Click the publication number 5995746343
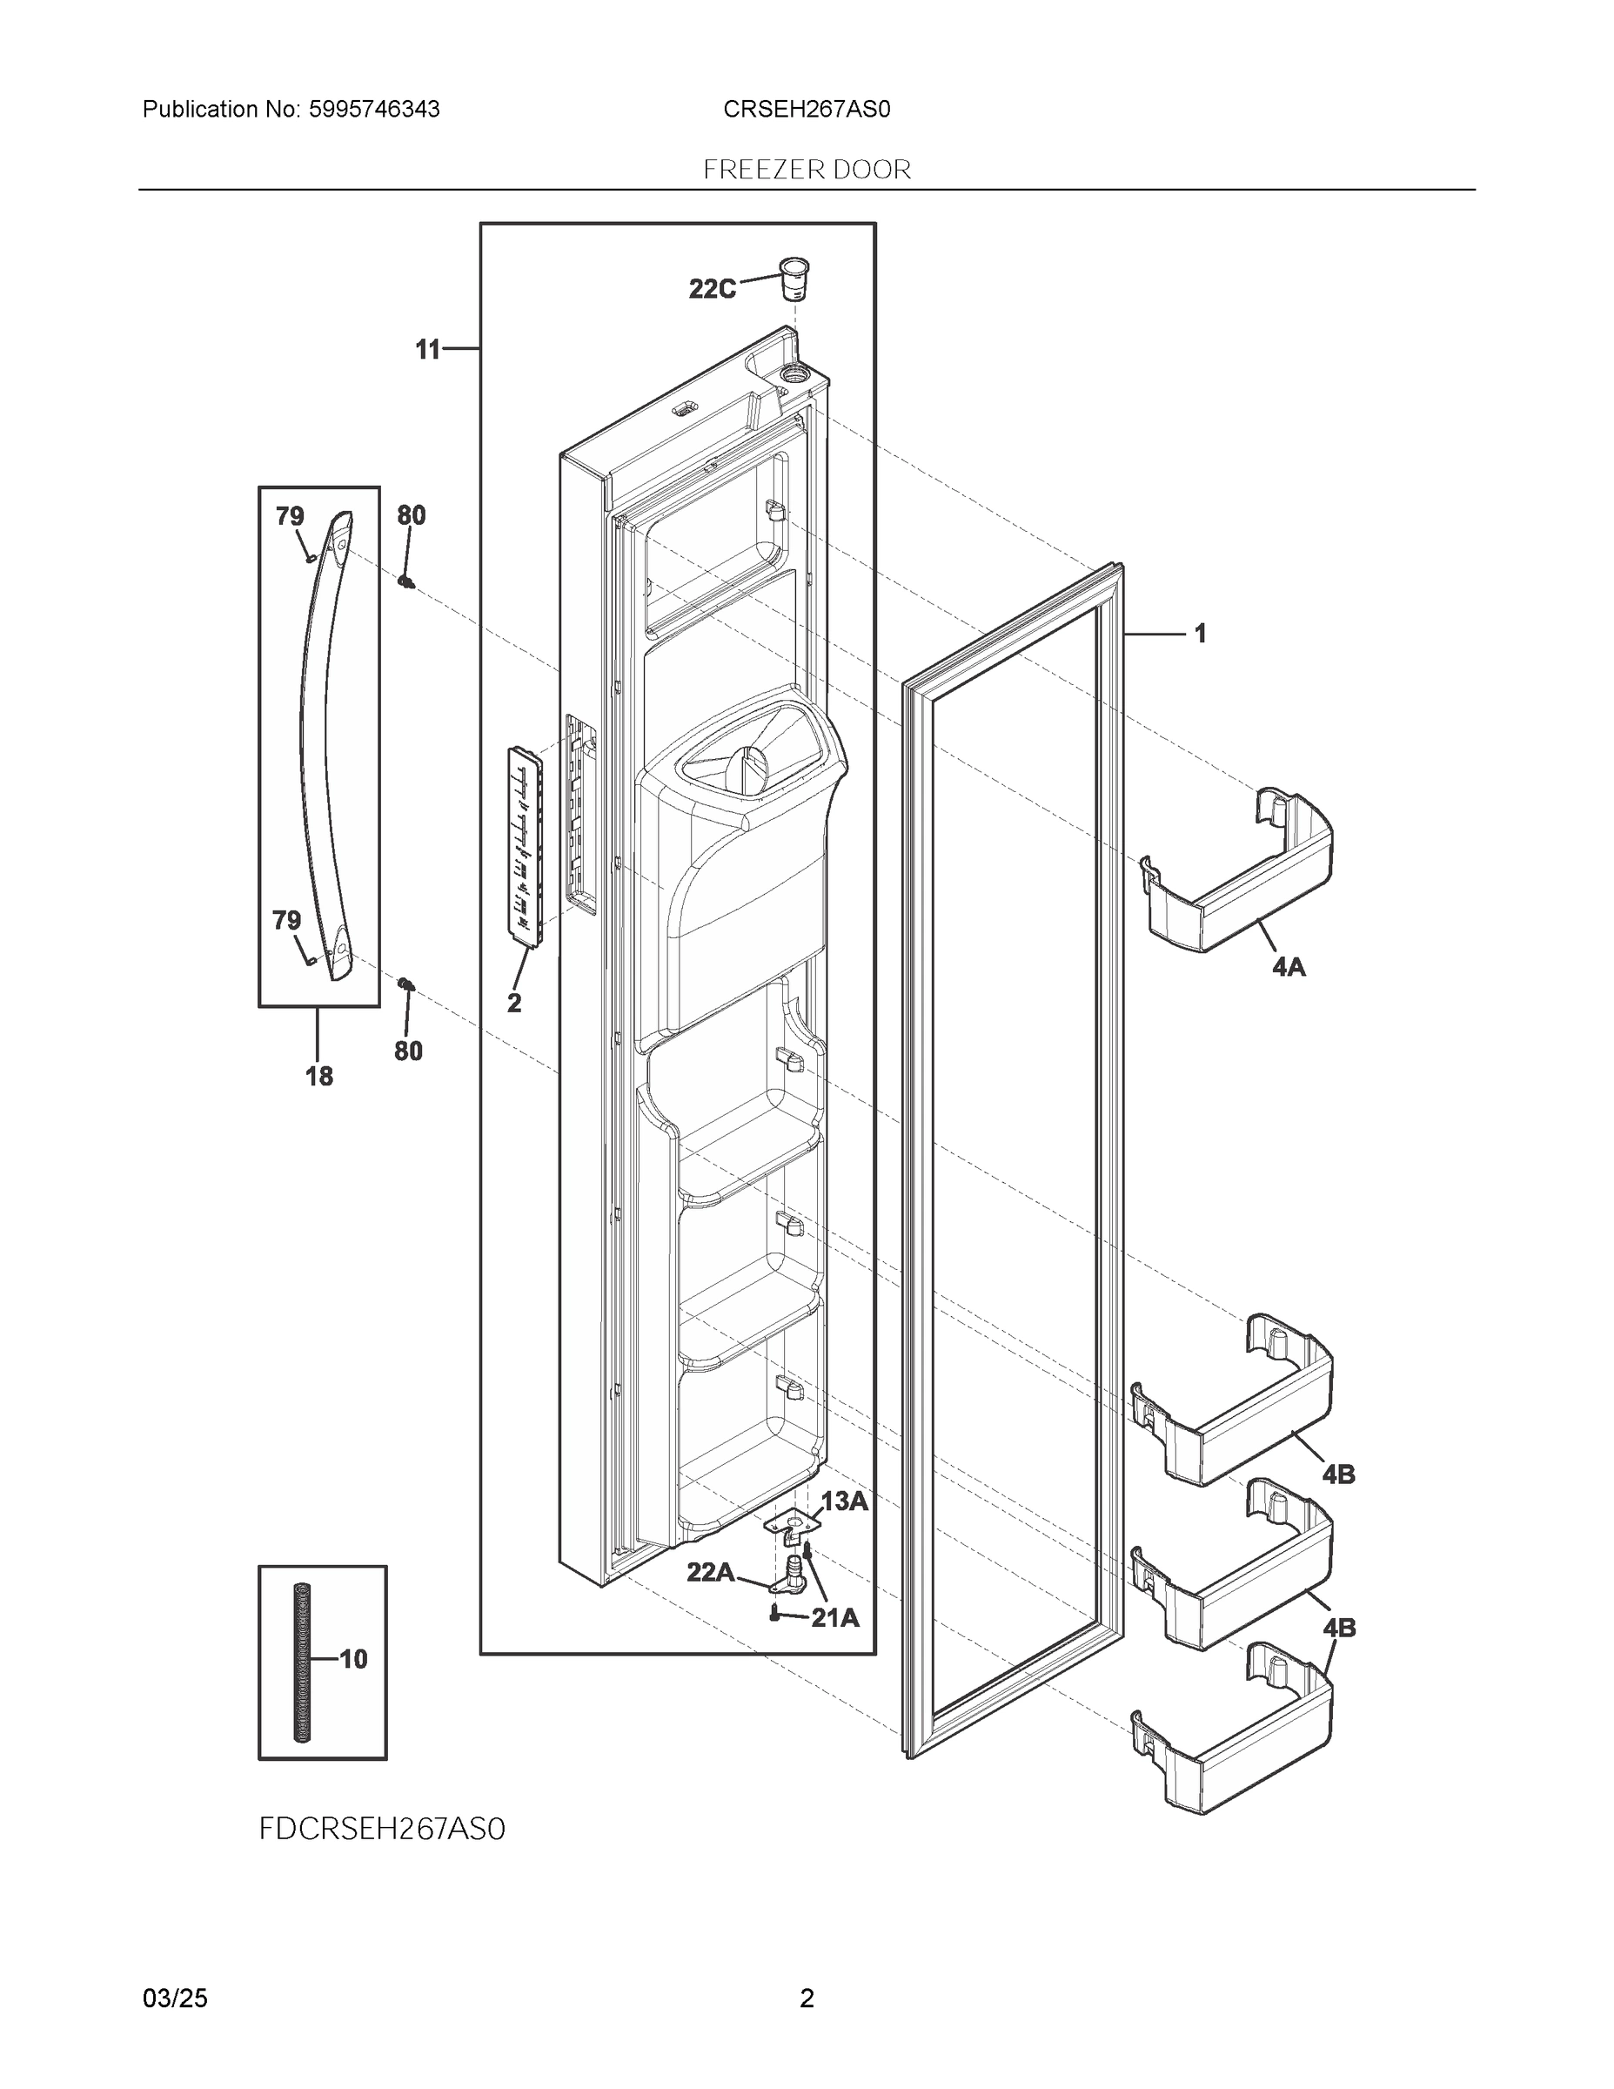click(374, 110)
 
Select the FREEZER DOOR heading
click(807, 171)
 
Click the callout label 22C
click(713, 289)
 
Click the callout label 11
click(427, 350)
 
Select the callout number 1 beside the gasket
click(1199, 633)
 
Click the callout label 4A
click(1288, 967)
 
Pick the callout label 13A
click(844, 1501)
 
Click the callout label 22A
click(711, 1571)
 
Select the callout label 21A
click(834, 1617)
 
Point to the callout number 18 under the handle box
click(318, 1076)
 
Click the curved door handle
click(320, 746)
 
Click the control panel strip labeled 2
click(525, 847)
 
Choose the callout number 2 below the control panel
click(513, 1004)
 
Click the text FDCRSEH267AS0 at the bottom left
click(381, 1829)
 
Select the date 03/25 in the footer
click(175, 1998)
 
